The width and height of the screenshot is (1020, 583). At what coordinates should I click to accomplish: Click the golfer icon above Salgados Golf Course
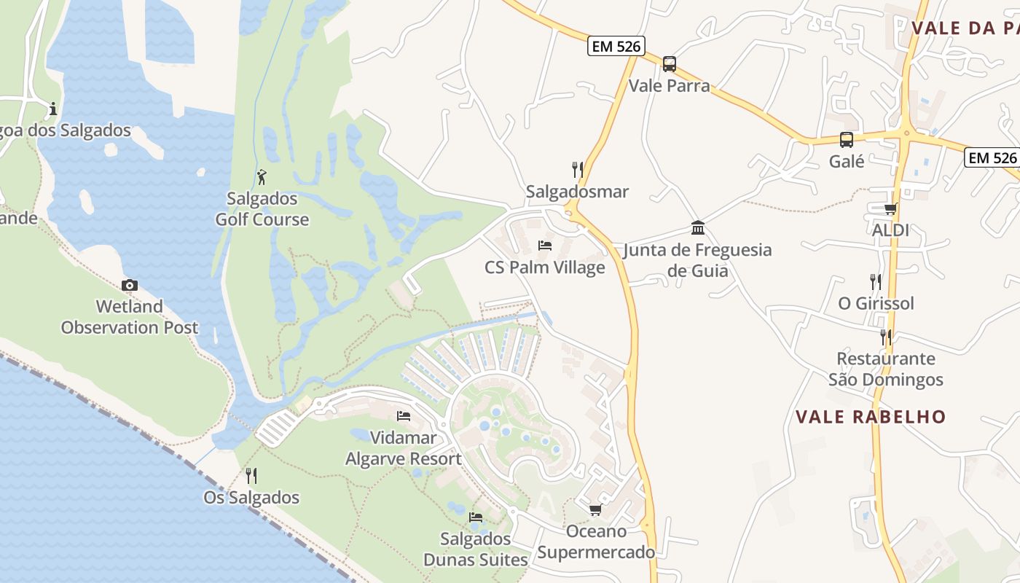[262, 177]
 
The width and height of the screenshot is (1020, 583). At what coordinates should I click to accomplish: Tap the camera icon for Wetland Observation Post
[130, 285]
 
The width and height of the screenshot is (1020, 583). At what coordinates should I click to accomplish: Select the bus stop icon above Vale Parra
[669, 64]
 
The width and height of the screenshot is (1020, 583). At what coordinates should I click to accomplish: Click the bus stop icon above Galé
[846, 140]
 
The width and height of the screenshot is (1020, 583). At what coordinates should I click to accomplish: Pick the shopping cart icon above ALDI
[890, 209]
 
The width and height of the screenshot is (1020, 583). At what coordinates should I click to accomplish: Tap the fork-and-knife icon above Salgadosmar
[578, 170]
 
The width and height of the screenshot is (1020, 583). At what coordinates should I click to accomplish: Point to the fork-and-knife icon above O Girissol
[876, 282]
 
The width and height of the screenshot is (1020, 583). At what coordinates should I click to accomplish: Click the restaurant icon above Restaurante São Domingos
[885, 337]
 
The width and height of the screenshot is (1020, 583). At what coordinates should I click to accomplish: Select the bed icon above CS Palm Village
[544, 246]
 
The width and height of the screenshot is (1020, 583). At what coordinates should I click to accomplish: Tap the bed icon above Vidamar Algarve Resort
[403, 416]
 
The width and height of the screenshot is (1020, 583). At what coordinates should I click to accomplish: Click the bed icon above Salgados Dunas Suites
[476, 517]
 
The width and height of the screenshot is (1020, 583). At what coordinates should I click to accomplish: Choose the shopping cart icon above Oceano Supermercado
[595, 509]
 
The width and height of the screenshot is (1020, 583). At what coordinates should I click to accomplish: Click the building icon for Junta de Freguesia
[698, 228]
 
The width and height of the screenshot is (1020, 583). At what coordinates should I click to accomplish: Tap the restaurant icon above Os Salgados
[251, 476]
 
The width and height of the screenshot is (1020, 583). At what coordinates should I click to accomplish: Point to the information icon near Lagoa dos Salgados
[52, 110]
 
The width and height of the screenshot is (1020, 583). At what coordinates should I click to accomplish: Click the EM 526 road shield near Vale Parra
[616, 47]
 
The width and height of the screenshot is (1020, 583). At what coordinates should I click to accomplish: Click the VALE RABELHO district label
[870, 417]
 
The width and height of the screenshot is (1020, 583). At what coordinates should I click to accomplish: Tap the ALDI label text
[890, 230]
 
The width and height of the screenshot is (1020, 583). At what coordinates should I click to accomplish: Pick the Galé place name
[847, 161]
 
